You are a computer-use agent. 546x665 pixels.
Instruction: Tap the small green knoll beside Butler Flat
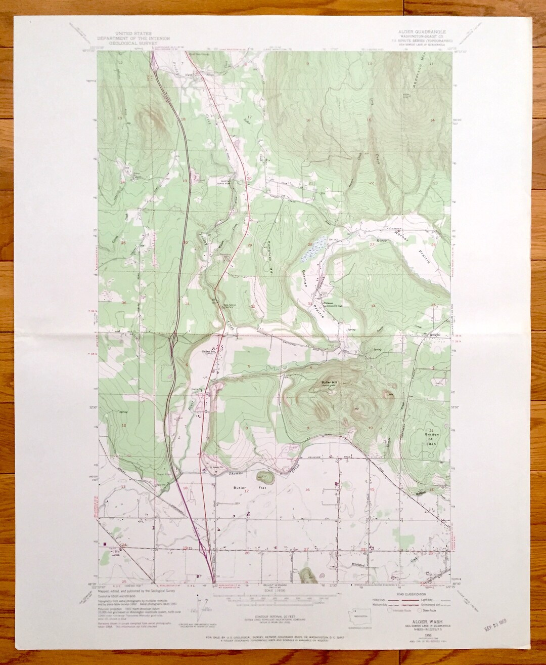[263, 477]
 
